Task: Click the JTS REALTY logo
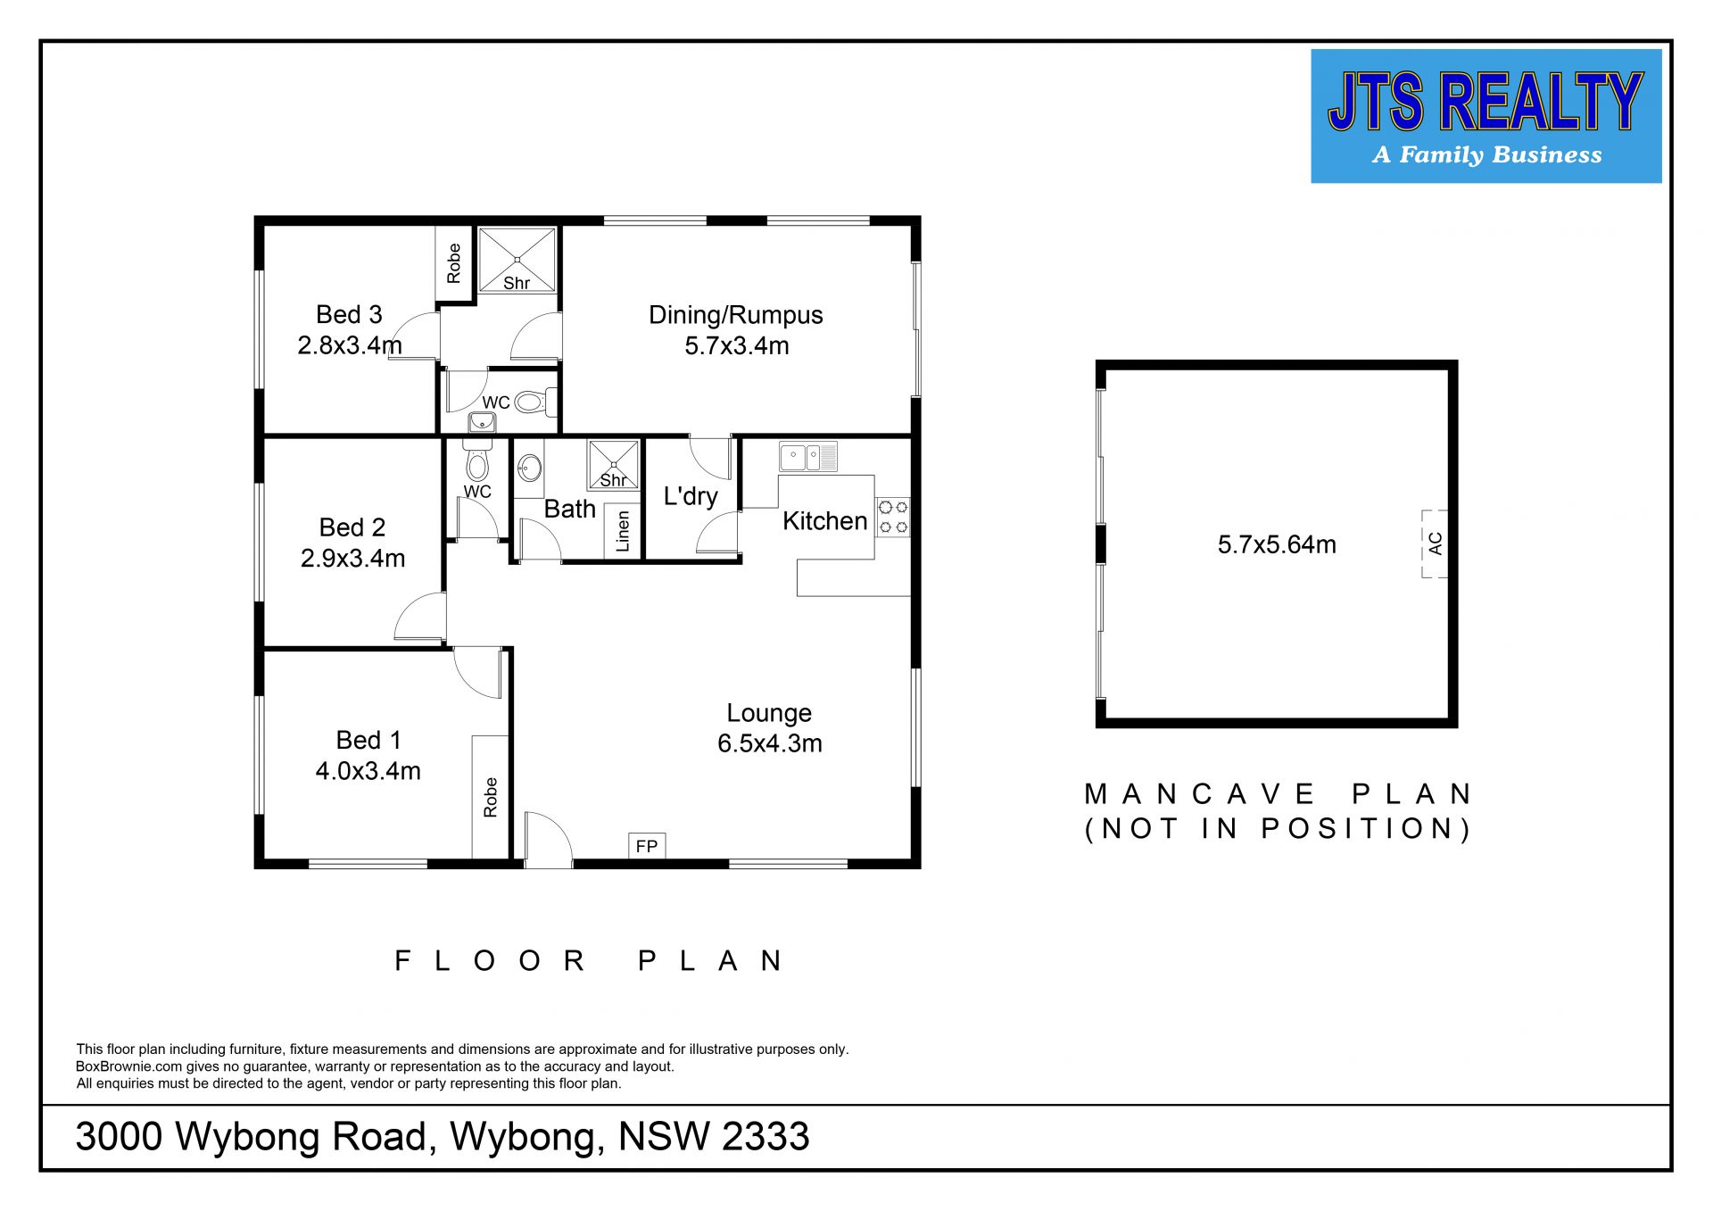click(1485, 116)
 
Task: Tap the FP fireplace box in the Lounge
click(647, 846)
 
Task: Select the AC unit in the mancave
click(1435, 543)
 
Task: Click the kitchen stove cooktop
click(893, 517)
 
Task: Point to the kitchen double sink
click(808, 457)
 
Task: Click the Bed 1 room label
click(368, 740)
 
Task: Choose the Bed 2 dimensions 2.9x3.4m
click(352, 558)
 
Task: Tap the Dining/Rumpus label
click(736, 315)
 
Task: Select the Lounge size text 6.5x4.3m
click(770, 743)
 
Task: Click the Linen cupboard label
click(623, 531)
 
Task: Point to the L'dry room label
click(691, 496)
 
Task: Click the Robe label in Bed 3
click(454, 263)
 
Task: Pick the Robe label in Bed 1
click(490, 797)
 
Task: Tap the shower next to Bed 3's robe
click(517, 260)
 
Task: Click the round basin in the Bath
click(530, 467)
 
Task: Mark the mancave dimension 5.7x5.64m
click(1277, 544)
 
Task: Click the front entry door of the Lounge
click(548, 840)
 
